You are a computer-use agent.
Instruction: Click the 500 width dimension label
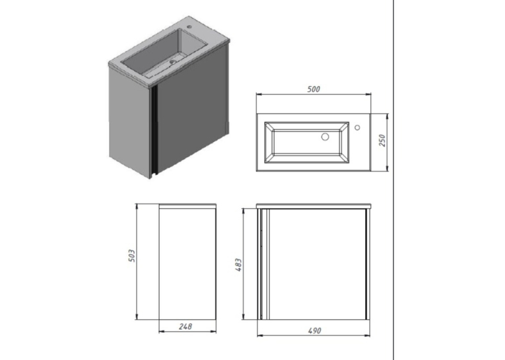(314, 89)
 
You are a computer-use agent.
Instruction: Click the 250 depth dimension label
(382, 141)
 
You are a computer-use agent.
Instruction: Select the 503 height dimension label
(132, 255)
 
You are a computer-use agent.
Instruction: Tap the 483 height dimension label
(239, 265)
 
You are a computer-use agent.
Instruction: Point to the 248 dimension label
(185, 326)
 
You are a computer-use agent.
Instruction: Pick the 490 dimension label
(314, 331)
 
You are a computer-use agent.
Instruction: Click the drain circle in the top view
(325, 137)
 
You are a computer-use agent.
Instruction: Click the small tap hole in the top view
(357, 127)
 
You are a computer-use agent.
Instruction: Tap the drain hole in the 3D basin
(173, 61)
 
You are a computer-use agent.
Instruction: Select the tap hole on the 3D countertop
(189, 26)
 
